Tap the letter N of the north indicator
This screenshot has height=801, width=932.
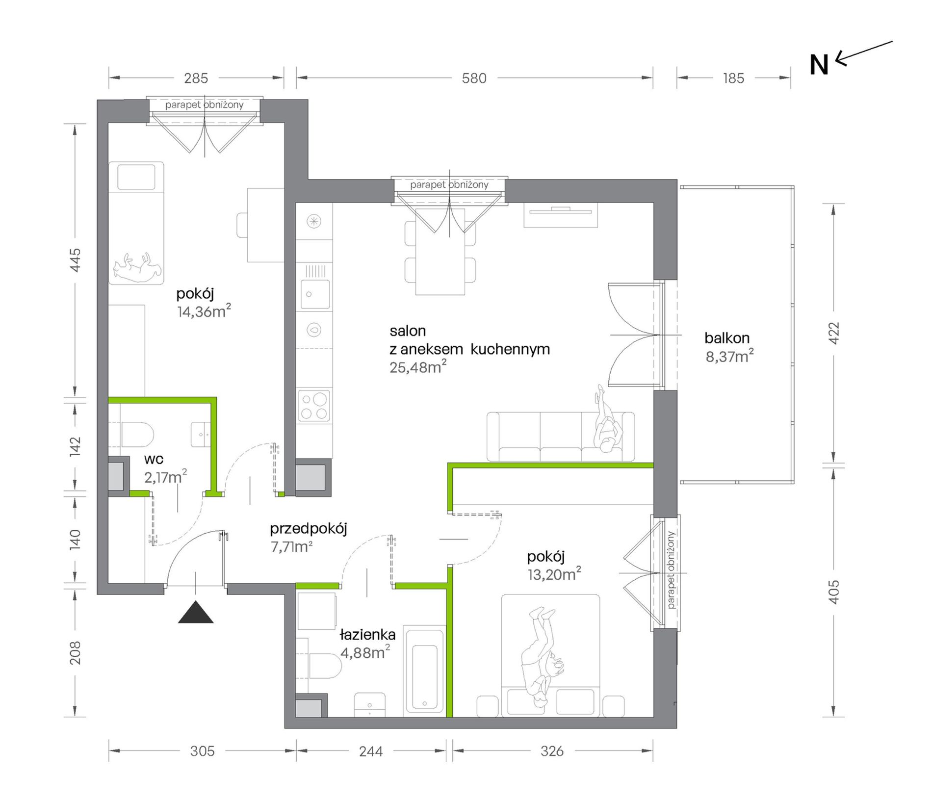point(819,65)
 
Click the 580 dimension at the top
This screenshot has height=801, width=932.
point(474,78)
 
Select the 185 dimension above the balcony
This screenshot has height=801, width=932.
point(733,78)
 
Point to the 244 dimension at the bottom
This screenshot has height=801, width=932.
point(371,751)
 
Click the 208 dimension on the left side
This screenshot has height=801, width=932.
point(75,653)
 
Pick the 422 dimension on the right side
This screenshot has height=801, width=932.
point(834,333)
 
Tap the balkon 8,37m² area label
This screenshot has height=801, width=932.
point(729,347)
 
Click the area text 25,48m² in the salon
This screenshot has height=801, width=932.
point(418,367)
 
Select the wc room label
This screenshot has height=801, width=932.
point(154,460)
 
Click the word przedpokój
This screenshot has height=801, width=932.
point(309,529)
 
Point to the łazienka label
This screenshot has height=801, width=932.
point(367,635)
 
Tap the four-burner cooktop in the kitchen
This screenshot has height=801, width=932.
point(314,406)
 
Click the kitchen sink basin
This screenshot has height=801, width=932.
point(315,294)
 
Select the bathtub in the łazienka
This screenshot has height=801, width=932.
point(424,671)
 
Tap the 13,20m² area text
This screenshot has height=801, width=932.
point(554,574)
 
